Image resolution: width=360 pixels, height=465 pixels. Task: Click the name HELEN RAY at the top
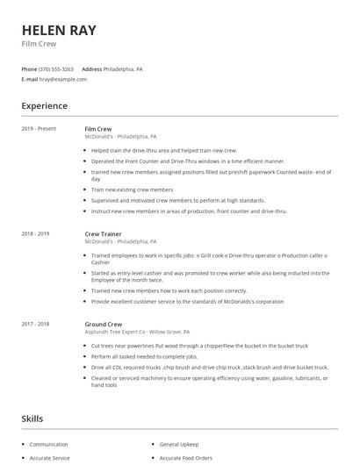click(x=59, y=31)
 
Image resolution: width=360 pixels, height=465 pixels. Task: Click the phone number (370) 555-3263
click(x=55, y=68)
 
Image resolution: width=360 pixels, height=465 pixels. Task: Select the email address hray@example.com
click(x=57, y=79)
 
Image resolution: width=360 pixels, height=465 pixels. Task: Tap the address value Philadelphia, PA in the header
click(x=123, y=68)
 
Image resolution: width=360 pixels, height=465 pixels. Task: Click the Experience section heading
click(x=44, y=106)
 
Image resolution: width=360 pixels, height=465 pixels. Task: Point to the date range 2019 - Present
click(x=38, y=129)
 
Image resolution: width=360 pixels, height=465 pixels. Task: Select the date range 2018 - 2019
click(x=35, y=234)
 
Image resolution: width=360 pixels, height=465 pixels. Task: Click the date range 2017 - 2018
click(x=35, y=324)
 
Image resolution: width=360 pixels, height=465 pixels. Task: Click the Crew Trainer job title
click(x=103, y=234)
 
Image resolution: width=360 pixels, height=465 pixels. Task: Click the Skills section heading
click(x=32, y=419)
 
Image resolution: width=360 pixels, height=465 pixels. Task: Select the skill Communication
click(x=48, y=445)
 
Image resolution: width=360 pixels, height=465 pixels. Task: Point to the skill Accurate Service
click(x=49, y=459)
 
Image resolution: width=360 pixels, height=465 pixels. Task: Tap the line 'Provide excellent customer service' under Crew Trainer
click(x=187, y=301)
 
